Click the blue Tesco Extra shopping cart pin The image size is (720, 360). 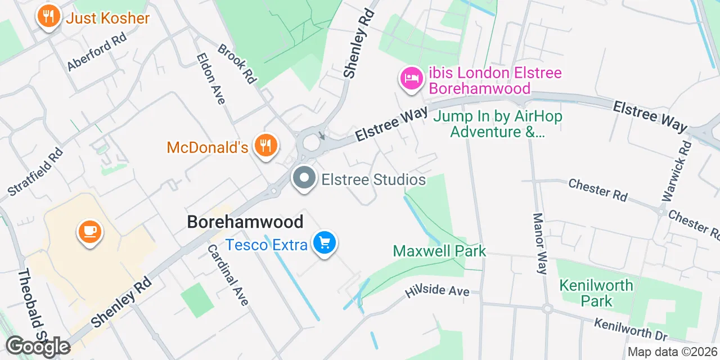point(325,243)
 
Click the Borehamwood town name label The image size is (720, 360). point(245,222)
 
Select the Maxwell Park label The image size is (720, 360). point(439,251)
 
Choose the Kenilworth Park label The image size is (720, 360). point(596,293)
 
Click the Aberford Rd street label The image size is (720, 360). point(97,51)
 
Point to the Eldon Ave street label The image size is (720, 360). point(211,79)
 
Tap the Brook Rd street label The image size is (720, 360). point(237,64)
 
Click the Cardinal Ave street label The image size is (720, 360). point(228,274)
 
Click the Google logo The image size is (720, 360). point(38,346)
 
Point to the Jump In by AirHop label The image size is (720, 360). point(497,124)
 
